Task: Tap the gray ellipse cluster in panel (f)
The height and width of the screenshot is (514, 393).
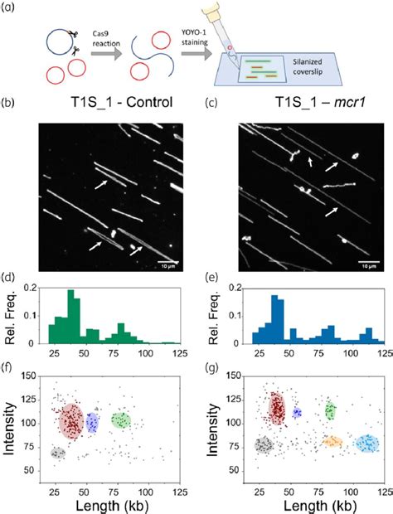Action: (x=57, y=453)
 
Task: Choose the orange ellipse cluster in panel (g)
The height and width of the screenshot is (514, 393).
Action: (x=332, y=443)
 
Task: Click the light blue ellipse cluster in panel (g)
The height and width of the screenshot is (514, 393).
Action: (x=366, y=444)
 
